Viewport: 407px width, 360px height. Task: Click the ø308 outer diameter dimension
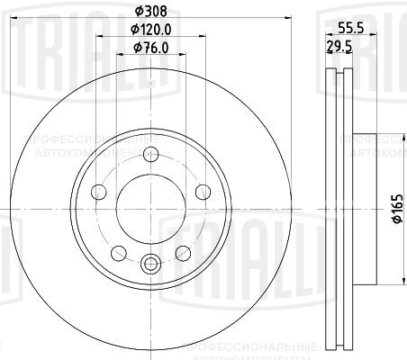(x=149, y=11)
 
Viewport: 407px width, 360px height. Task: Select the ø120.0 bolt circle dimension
(x=149, y=31)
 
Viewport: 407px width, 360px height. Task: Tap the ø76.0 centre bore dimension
(x=149, y=48)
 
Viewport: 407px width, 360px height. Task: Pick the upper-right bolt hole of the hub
(x=201, y=191)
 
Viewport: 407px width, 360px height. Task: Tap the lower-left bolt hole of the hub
(x=117, y=251)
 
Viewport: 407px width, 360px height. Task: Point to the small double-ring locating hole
(x=149, y=264)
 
